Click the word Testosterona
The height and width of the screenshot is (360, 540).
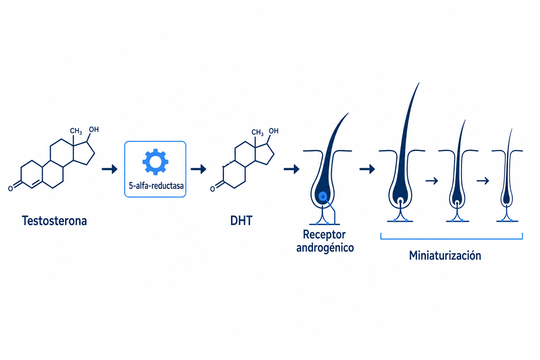coord(54,221)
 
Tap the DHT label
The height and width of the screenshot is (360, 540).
coord(241,221)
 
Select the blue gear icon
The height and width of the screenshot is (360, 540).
coord(155,162)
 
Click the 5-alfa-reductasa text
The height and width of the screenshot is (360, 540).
coord(156,186)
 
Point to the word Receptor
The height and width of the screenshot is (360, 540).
coord(324,234)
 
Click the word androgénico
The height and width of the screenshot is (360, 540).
coord(325,248)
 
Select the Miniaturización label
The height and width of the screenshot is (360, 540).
coord(445,256)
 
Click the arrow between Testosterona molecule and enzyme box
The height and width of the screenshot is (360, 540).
coord(110,169)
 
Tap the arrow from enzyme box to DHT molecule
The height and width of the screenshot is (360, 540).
coord(198,169)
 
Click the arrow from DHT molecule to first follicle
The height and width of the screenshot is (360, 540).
coord(291,169)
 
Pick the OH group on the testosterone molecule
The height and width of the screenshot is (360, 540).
coord(94,129)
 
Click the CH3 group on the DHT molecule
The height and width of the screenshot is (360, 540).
coord(257,133)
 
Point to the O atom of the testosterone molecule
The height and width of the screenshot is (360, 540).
coord(10,188)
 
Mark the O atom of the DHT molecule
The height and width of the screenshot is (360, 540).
coord(212,189)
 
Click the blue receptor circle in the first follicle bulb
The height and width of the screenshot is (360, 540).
coord(323,197)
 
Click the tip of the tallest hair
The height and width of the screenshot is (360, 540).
coord(419,83)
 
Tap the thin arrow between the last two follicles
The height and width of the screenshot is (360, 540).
coord(483,181)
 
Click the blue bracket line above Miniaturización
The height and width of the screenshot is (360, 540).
coord(451,239)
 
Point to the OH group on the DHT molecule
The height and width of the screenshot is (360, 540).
coord(274,131)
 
